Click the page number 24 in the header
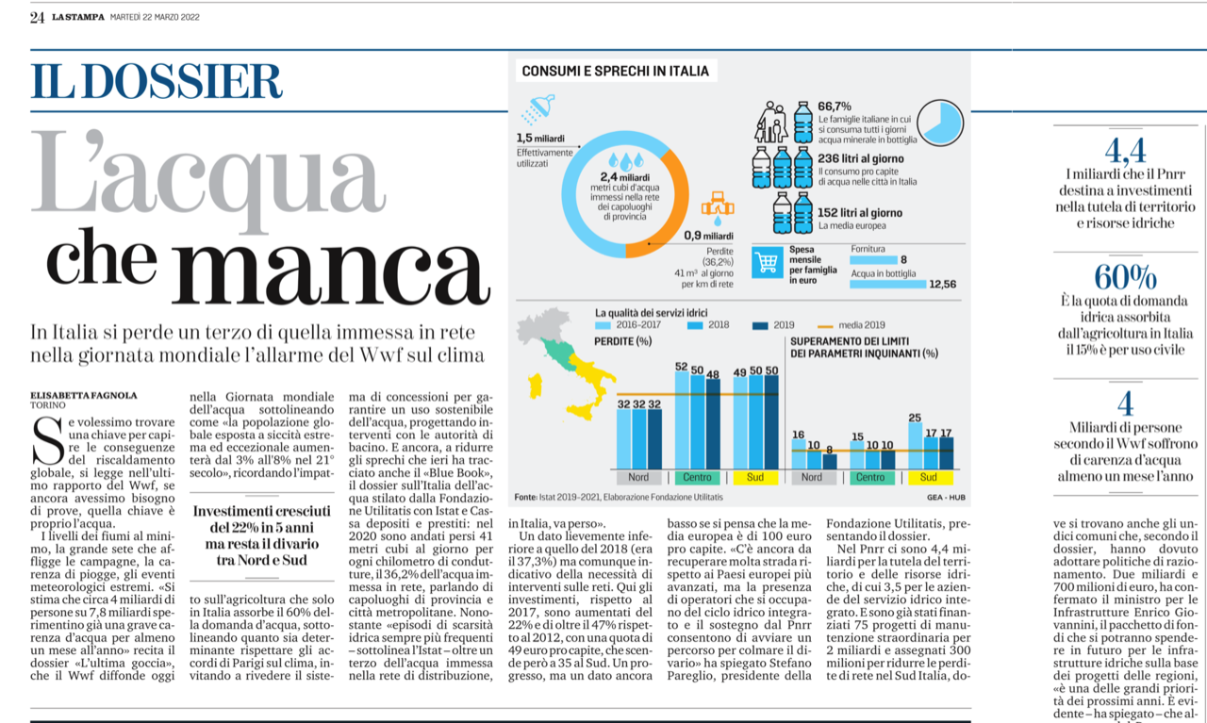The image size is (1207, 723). pos(37,17)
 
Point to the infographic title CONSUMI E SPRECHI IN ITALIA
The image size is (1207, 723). pos(615,71)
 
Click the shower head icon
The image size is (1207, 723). pos(540,108)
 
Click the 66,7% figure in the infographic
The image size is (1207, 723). pos(835,106)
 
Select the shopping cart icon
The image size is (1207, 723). pos(768,263)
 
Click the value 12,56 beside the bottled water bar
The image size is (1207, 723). pos(943,283)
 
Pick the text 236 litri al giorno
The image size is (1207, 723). pos(861,158)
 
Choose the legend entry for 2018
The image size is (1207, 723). pos(712,325)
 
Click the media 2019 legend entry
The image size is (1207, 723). pos(858,325)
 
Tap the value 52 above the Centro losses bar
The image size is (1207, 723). pos(681,366)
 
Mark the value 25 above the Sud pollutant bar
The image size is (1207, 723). pos(915,417)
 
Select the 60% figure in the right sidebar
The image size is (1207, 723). pos(1125,277)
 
